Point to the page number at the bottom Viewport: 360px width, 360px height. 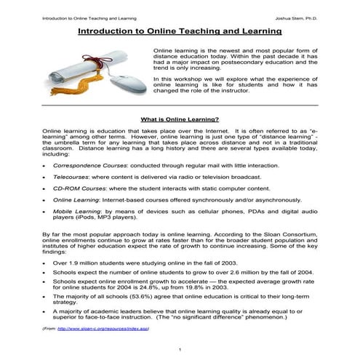coord(180,348)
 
